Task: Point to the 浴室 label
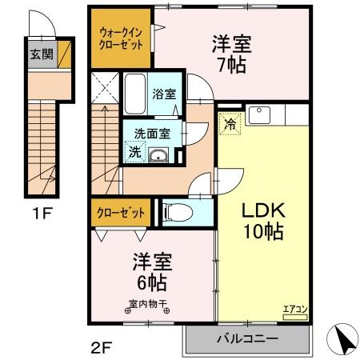(165, 93)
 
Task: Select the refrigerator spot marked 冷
(230, 124)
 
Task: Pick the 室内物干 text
(149, 303)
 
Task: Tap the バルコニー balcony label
(247, 338)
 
